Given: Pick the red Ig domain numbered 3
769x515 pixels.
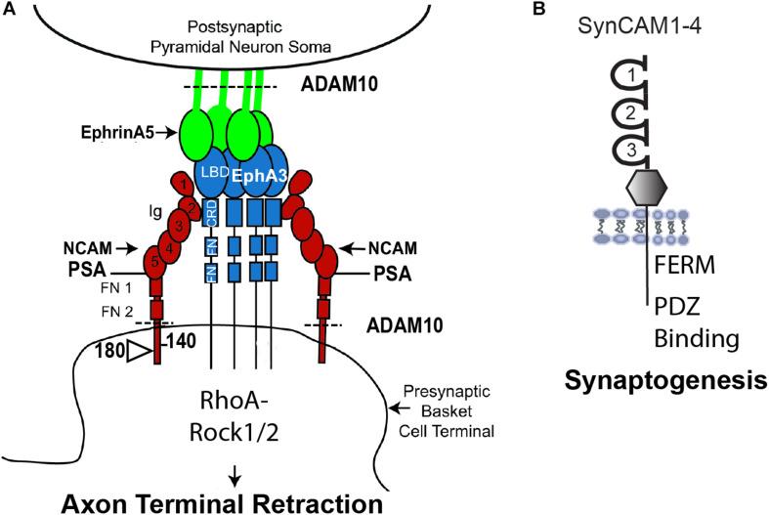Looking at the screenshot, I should tap(179, 226).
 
